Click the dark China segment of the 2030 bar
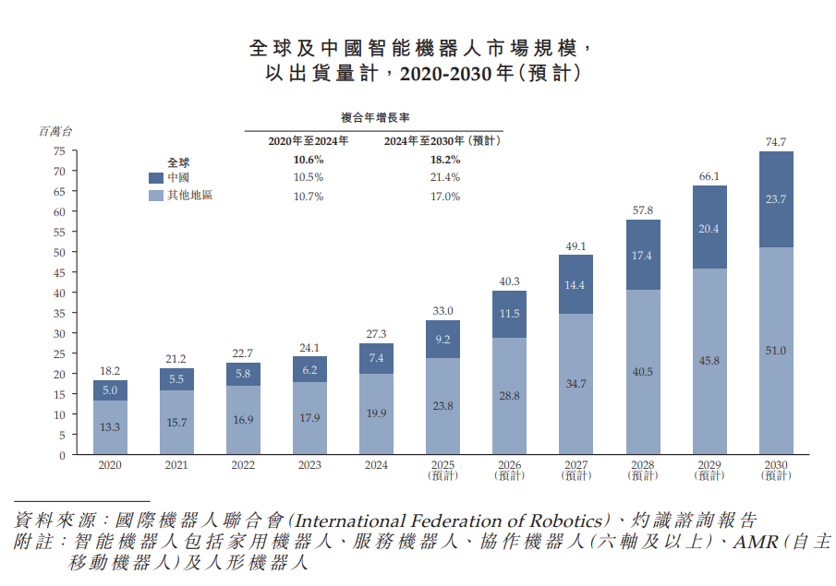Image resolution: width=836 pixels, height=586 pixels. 776,199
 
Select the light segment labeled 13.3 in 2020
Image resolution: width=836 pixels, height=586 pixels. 110,427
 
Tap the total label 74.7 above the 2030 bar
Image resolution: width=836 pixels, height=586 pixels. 776,142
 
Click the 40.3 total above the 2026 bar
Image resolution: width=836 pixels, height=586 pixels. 509,281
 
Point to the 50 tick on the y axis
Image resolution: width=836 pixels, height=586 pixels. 59,253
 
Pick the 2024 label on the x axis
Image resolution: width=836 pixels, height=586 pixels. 376,465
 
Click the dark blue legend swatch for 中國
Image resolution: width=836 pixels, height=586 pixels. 156,178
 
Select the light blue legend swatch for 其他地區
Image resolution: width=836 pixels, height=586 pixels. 156,196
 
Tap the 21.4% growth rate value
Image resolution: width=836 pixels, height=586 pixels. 445,177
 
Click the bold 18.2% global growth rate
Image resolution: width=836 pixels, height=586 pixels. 445,160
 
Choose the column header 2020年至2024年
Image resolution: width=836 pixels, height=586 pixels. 309,141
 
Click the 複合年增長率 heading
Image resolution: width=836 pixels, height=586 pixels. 375,118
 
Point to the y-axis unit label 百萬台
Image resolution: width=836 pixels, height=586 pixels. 55,131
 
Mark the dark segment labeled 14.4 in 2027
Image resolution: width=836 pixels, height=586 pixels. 576,284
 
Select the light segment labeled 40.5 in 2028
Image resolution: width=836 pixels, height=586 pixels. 643,372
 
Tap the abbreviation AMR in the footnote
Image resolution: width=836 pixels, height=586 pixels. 755,543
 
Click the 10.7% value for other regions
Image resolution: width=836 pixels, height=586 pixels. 309,197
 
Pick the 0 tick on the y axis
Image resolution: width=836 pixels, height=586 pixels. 63,456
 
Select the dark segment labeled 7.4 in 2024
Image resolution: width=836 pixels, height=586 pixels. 376,359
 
